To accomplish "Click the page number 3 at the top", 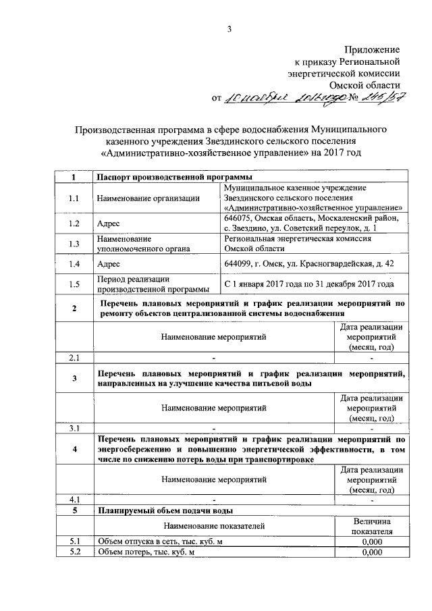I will [230, 28].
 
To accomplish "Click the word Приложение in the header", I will [373, 50].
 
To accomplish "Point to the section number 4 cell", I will [74, 449].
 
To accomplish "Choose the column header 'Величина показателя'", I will [372, 525].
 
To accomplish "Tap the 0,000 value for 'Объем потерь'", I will [372, 552].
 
